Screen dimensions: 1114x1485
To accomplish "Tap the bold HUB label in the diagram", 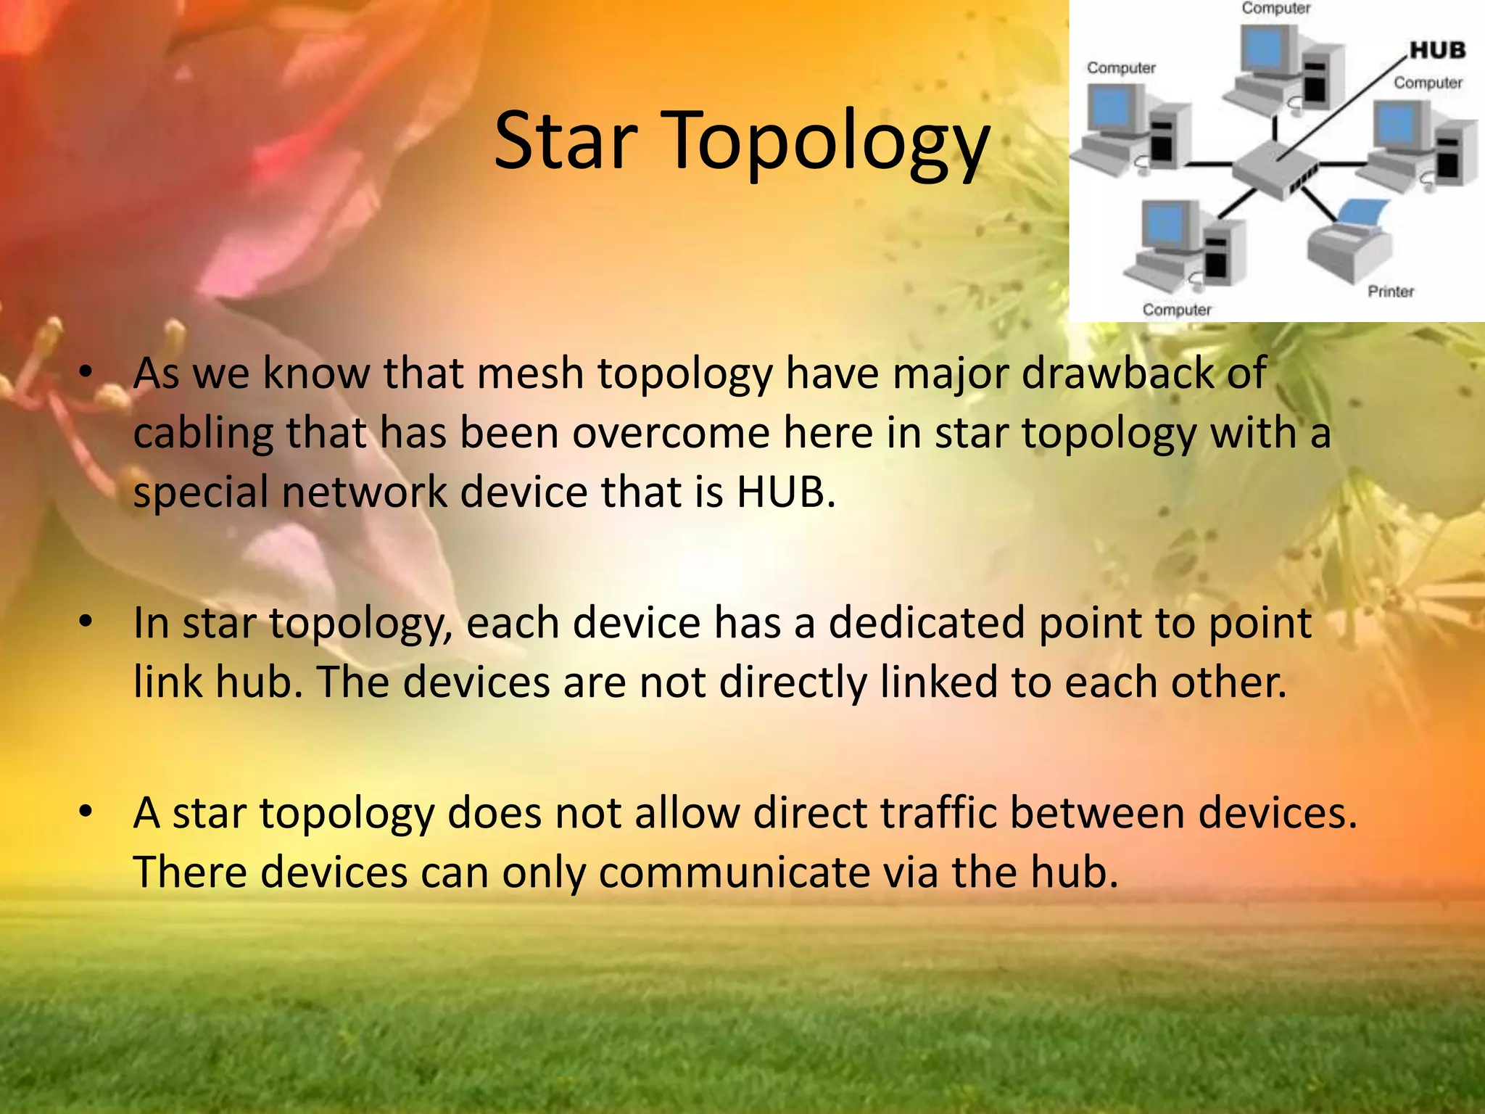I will click(1437, 51).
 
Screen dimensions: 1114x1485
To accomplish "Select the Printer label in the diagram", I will click(1390, 292).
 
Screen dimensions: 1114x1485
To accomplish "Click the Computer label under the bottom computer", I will click(1176, 310).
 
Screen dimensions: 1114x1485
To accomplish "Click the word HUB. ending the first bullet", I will click(786, 492).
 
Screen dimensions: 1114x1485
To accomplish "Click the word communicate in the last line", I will click(734, 872).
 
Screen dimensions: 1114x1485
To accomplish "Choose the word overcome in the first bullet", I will click(670, 434).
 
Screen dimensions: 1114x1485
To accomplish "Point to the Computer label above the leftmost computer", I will click(1120, 68).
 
